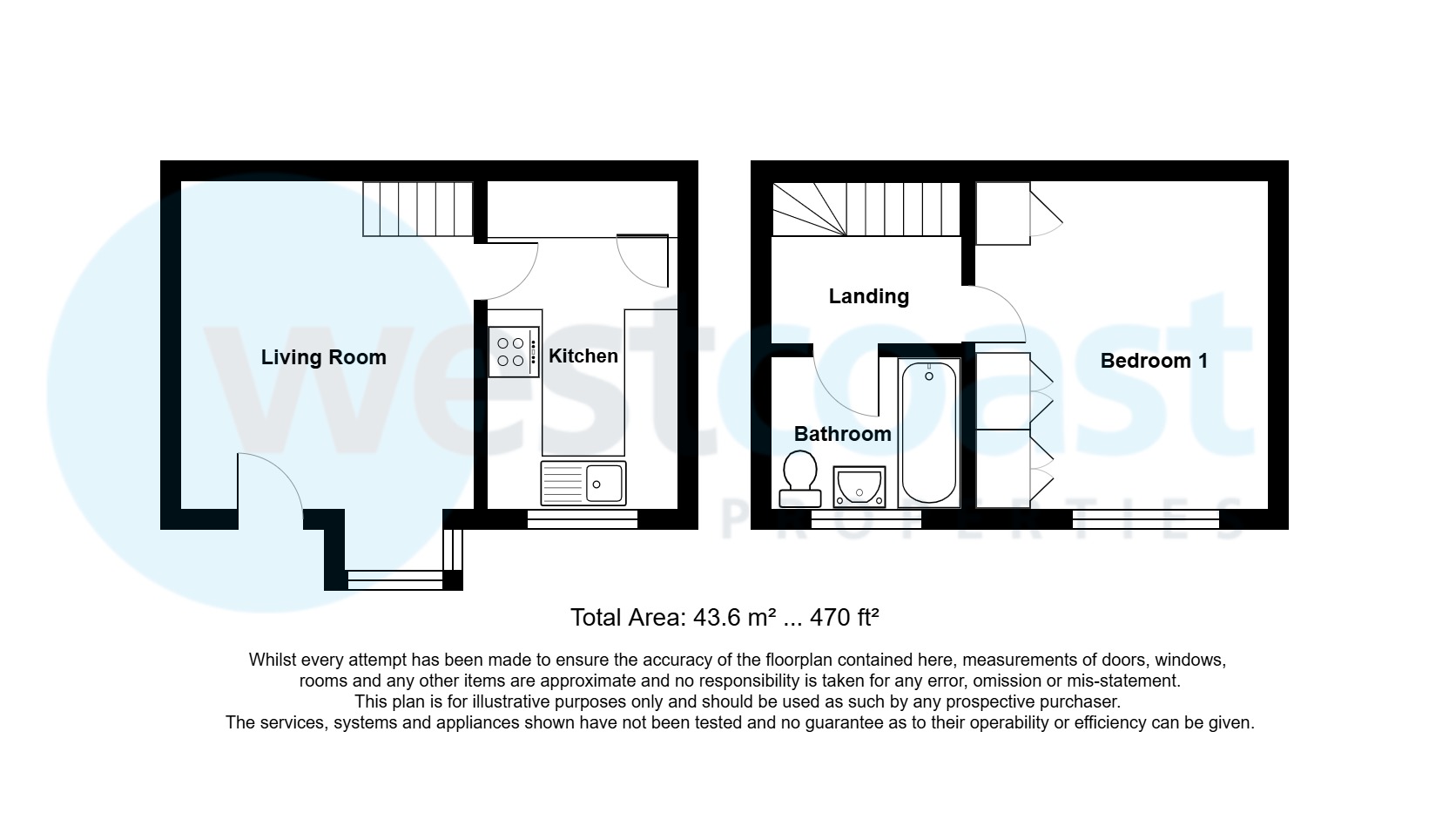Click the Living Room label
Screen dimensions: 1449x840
coord(323,357)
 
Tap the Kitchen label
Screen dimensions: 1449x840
coord(583,356)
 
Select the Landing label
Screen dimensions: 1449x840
coord(869,296)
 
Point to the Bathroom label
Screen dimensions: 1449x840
coord(843,434)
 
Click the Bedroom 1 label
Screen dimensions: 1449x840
coord(1154,361)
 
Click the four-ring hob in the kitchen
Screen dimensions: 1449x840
coord(514,352)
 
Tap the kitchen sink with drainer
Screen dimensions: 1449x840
coord(583,483)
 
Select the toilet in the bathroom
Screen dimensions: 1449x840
coord(800,479)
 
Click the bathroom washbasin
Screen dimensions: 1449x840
coord(859,486)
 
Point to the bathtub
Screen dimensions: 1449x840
coord(929,432)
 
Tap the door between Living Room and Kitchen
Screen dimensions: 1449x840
coord(512,269)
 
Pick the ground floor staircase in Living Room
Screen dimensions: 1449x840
coord(417,208)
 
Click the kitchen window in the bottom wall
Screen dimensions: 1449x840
coord(583,519)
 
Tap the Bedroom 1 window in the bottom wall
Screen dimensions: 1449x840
coord(1146,519)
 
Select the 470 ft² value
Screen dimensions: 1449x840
coord(844,618)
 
